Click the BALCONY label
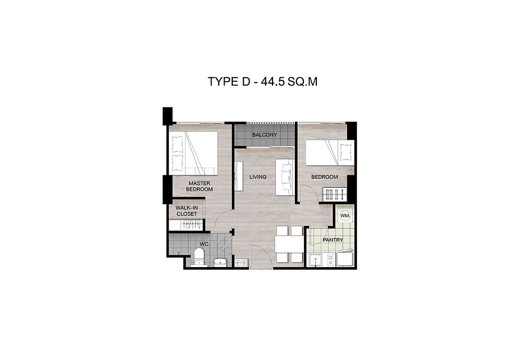[x=264, y=135]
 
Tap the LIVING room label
[x=258, y=177]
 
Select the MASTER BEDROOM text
[x=199, y=186]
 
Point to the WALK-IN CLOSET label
[x=186, y=211]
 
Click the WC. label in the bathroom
[x=205, y=244]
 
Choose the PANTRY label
[x=333, y=240]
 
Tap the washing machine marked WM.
[x=345, y=215]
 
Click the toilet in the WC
[x=199, y=258]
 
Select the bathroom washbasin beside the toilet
[x=219, y=262]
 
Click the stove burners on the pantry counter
[x=330, y=260]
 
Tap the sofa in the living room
[x=284, y=177]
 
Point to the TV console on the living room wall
[x=239, y=176]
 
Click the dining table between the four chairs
[x=289, y=245]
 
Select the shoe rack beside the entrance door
[x=241, y=263]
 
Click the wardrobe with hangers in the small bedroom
[x=335, y=195]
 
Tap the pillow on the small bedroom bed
[x=345, y=153]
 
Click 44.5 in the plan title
[x=272, y=81]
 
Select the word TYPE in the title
[x=222, y=81]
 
